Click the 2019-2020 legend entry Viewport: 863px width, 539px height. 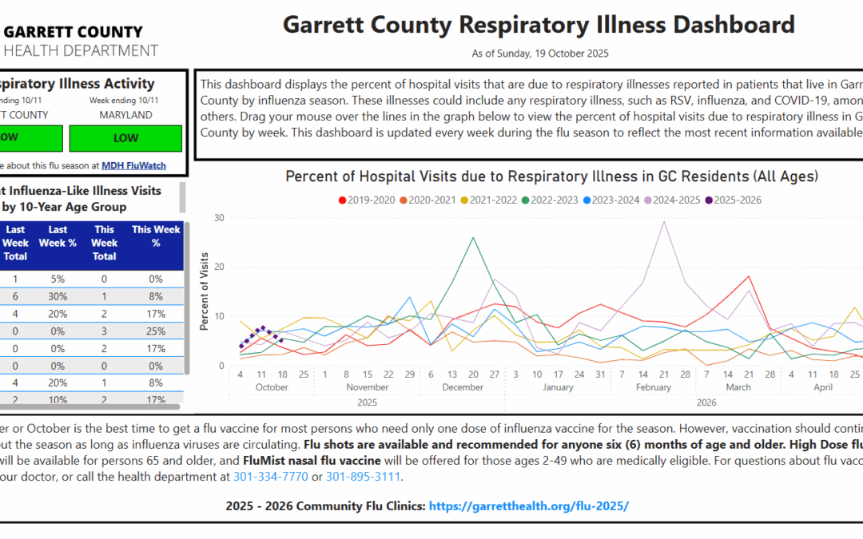coord(367,200)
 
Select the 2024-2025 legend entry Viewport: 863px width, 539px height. coord(672,200)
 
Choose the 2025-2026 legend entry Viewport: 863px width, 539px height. coord(733,200)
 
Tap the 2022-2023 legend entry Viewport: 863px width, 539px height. coord(550,200)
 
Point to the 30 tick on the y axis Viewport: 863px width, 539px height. coord(219,217)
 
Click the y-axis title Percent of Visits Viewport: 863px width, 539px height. coord(205,292)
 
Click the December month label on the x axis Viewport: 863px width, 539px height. coord(463,387)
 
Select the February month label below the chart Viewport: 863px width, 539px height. coord(653,387)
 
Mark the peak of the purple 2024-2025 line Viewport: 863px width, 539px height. coord(664,222)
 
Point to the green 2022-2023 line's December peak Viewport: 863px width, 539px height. coord(473,237)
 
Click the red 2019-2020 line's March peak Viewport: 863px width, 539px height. coord(749,276)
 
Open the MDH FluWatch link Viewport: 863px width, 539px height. coord(134,165)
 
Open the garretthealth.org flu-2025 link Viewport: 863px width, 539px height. coord(529,506)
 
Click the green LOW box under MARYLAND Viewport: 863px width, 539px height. coord(125,137)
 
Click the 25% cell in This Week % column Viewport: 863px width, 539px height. coord(156,331)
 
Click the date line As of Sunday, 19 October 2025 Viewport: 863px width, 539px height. coord(539,54)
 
